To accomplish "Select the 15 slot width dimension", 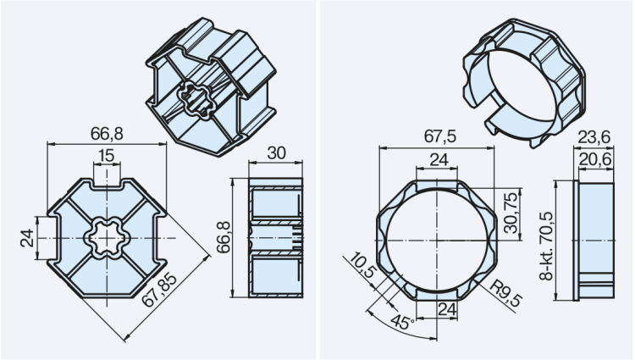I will click(x=106, y=156).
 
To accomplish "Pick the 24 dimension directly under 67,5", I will click(x=438, y=158).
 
